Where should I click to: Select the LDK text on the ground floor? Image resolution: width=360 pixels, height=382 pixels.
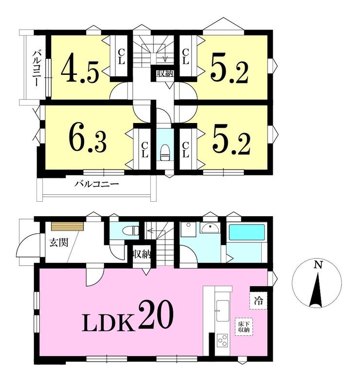[x=108, y=322]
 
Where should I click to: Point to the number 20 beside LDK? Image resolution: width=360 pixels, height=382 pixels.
[x=156, y=314]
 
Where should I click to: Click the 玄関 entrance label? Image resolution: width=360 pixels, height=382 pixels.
[x=59, y=243]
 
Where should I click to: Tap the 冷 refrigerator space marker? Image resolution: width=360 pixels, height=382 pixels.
[x=258, y=301]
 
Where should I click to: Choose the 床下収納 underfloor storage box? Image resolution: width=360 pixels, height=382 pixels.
[x=244, y=327]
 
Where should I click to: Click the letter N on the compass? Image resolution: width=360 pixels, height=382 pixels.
[x=318, y=265]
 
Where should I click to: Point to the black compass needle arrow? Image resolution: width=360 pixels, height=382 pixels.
[x=317, y=290]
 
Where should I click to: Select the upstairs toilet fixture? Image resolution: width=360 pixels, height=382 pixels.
[x=165, y=153]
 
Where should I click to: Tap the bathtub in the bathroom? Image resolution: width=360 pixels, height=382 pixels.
[x=246, y=232]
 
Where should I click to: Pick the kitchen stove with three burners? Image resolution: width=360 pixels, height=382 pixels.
[x=222, y=340]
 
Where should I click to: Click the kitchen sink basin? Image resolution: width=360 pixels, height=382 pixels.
[x=222, y=311]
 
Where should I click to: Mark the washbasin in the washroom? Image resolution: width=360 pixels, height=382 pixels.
[x=210, y=227]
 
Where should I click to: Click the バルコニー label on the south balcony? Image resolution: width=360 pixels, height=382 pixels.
[x=97, y=184]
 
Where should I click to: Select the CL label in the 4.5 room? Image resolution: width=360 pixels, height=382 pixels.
[x=121, y=56]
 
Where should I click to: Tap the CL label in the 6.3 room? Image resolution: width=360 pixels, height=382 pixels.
[x=144, y=150]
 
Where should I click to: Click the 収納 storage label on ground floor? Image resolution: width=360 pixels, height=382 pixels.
[x=142, y=255]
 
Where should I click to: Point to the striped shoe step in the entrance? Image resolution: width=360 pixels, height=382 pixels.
[x=67, y=226]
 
